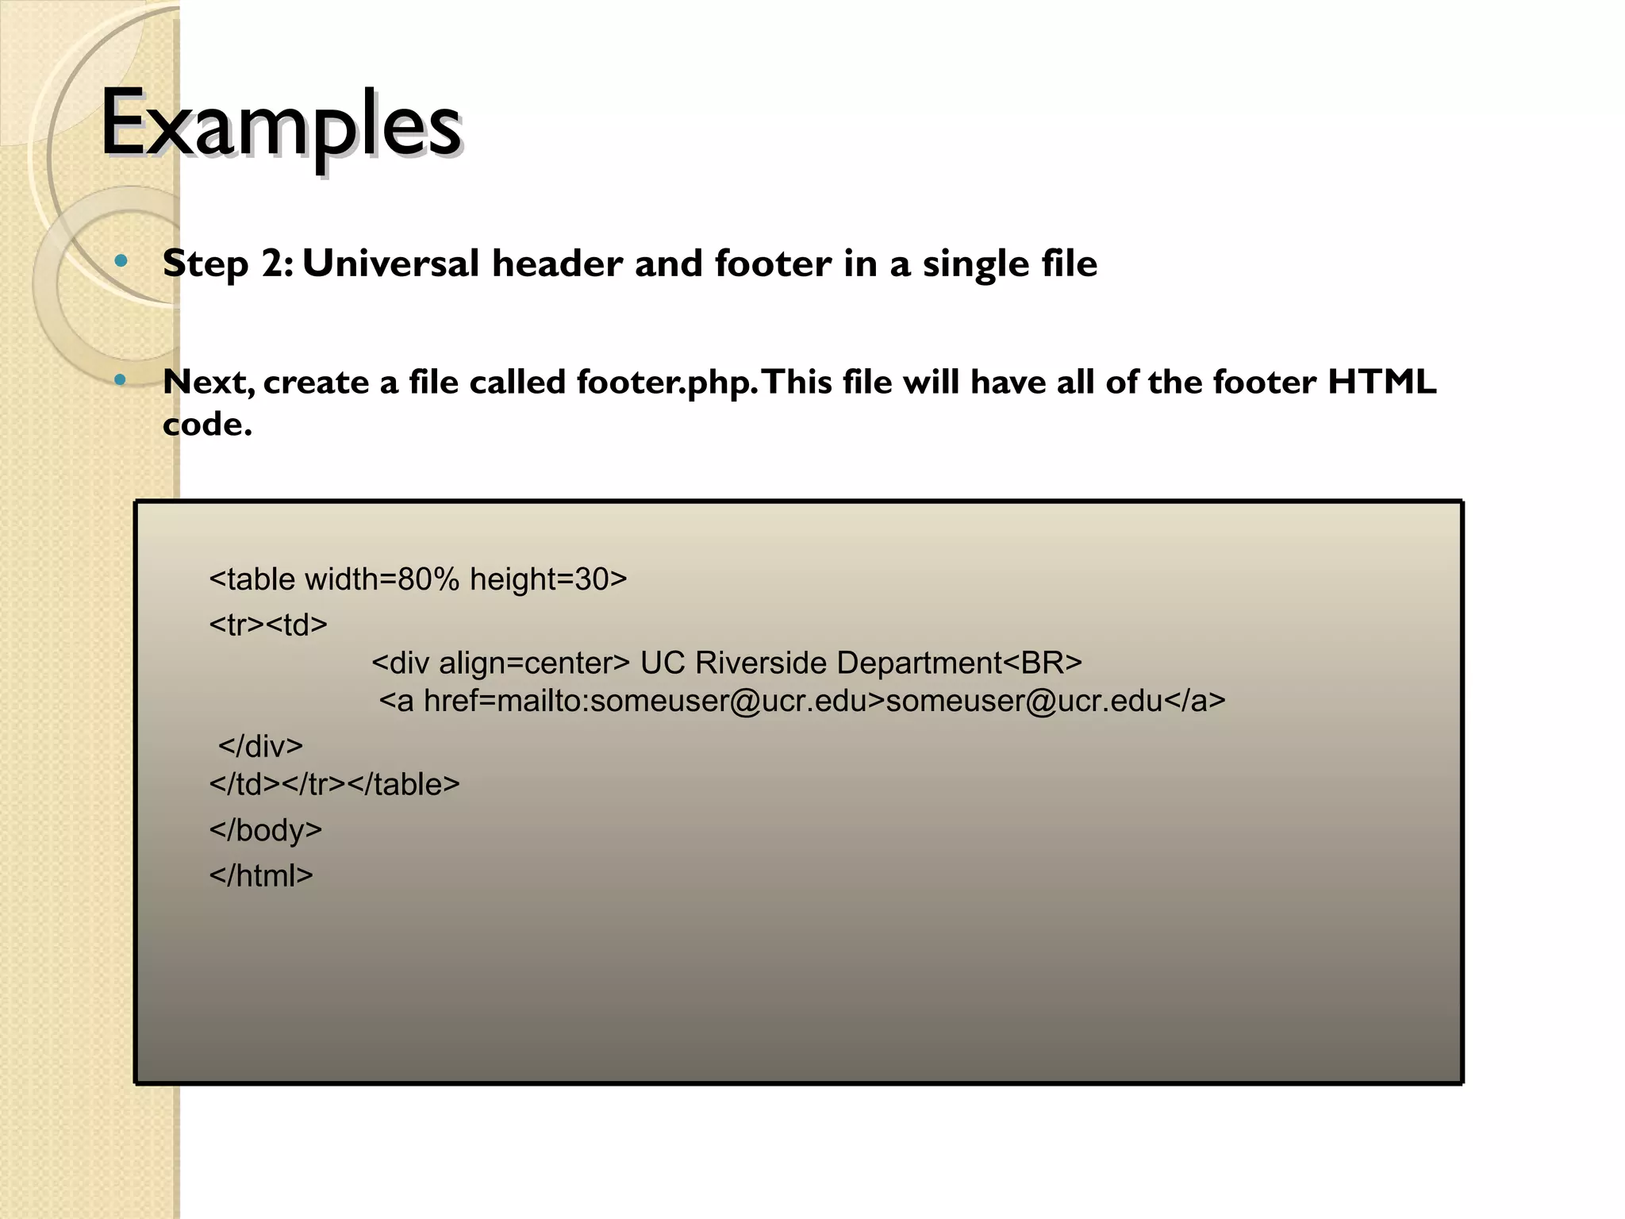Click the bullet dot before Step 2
pyautogui.click(x=121, y=260)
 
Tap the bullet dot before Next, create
pyautogui.click(x=121, y=380)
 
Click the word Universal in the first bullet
pyautogui.click(x=390, y=263)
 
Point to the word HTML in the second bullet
pyautogui.click(x=1382, y=382)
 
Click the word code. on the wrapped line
pyautogui.click(x=207, y=425)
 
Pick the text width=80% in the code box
pyautogui.click(x=382, y=579)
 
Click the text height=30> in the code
pyautogui.click(x=548, y=579)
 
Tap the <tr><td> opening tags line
pyautogui.click(x=268, y=625)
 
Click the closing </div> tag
pyautogui.click(x=260, y=746)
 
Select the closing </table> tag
pyautogui.click(x=403, y=784)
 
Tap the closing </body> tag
pyautogui.click(x=266, y=830)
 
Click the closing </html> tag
pyautogui.click(x=261, y=876)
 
